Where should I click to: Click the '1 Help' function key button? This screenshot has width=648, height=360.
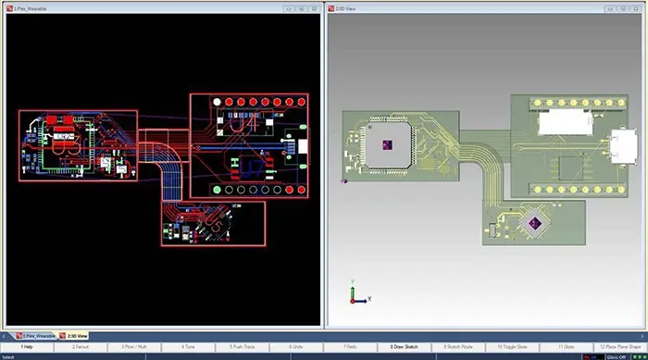(x=28, y=346)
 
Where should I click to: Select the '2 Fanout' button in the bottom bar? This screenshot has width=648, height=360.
(x=81, y=346)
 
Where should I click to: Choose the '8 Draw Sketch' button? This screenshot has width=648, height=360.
(x=405, y=346)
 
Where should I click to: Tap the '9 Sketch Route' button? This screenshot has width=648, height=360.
(x=459, y=346)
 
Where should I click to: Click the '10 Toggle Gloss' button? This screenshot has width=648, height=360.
(x=514, y=346)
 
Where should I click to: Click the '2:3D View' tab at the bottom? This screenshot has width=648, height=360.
(x=75, y=335)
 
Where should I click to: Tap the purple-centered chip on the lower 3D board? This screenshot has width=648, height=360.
(x=533, y=222)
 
